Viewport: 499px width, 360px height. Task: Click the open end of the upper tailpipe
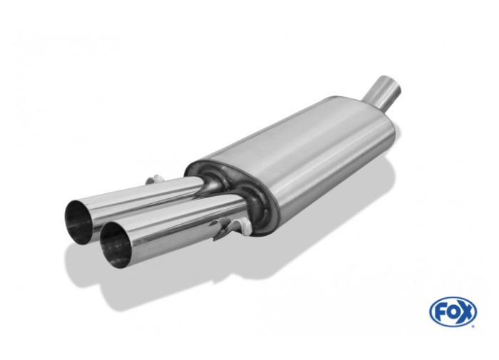click(x=79, y=220)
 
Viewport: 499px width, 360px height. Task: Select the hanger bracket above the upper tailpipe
click(x=153, y=180)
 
